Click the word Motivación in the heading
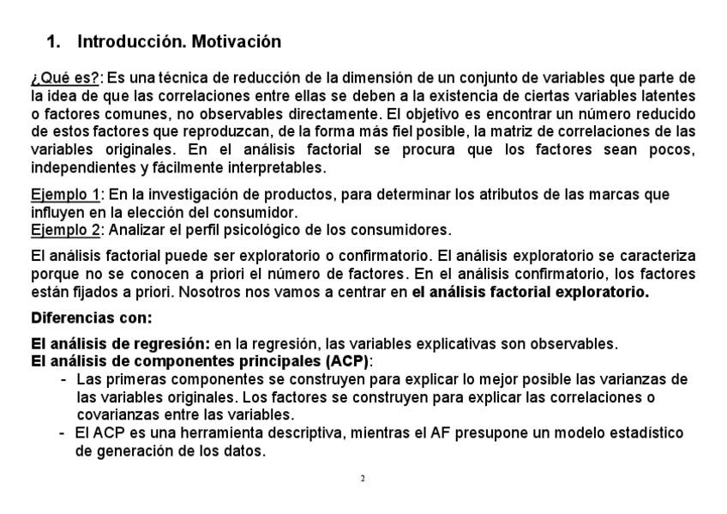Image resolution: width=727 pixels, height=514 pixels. coord(237,41)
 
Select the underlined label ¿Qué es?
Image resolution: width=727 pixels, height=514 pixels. coord(65,79)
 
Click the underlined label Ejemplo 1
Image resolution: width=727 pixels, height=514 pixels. coord(65,195)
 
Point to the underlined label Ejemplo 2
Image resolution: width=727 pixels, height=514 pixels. coord(65,230)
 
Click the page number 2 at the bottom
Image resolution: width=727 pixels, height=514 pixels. coord(363,478)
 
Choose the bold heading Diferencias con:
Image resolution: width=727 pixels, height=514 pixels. coord(91,317)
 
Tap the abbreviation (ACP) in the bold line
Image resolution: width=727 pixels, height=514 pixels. coord(348,360)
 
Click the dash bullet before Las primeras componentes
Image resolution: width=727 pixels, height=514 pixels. coord(64,379)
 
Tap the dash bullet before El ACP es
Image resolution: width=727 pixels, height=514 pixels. coord(63,433)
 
